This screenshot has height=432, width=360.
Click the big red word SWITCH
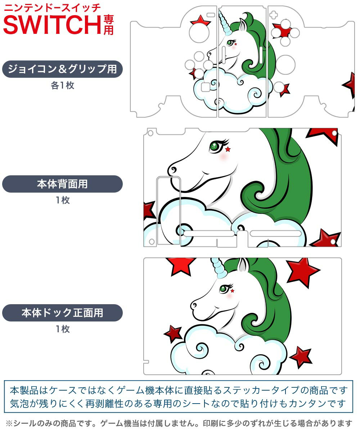(52, 24)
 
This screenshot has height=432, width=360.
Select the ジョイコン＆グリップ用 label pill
(62, 69)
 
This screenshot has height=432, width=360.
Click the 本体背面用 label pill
(62, 184)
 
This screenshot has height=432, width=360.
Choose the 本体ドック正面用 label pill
(62, 312)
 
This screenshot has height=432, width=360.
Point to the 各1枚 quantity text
(62, 86)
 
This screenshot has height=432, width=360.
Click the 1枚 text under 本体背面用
(62, 201)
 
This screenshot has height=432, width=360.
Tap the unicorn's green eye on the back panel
(215, 146)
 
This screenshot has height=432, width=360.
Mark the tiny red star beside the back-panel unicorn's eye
(228, 149)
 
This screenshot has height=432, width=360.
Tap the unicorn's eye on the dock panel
(224, 288)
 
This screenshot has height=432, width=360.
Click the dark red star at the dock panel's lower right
(301, 356)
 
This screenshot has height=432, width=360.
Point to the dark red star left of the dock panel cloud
(174, 333)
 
